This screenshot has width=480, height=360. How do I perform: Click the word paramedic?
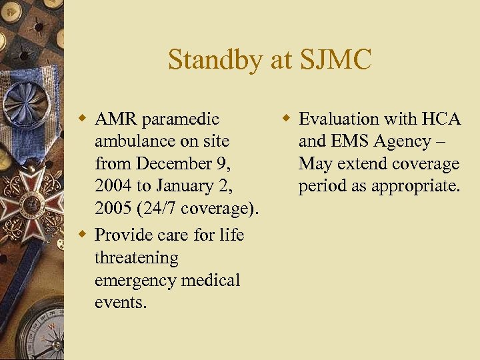point(181,119)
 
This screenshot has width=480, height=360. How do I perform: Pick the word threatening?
point(137,257)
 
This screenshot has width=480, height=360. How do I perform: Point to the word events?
point(120,303)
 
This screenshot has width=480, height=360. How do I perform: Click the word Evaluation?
point(335,119)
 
